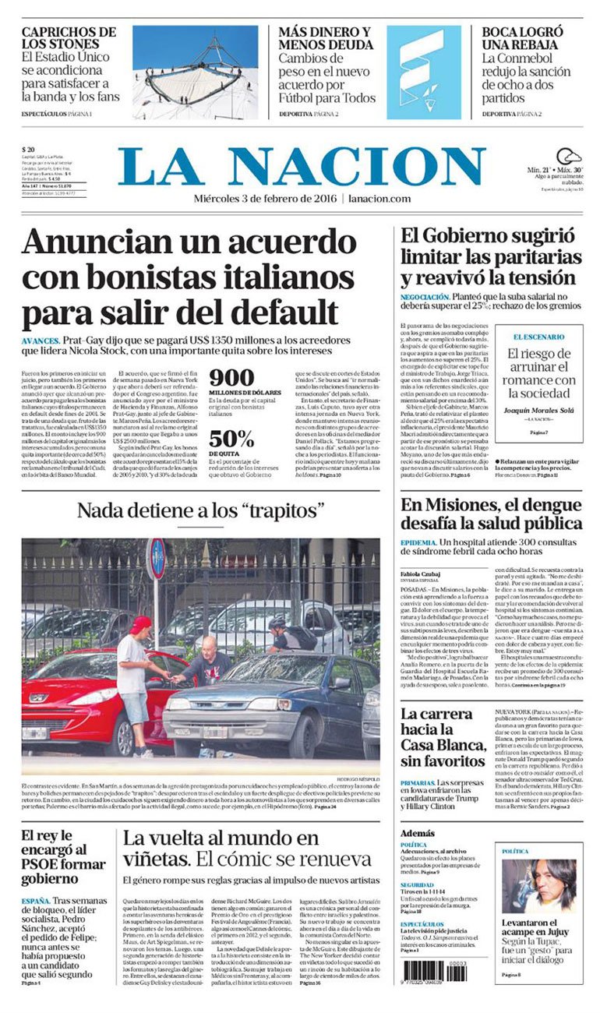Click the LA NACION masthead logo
302,166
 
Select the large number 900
231,378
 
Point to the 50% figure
231,438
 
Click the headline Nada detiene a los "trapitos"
200,511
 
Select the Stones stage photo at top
195,72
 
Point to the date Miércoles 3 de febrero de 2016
265,199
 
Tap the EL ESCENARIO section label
538,336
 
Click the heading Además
419,833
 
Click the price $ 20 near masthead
28,150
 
